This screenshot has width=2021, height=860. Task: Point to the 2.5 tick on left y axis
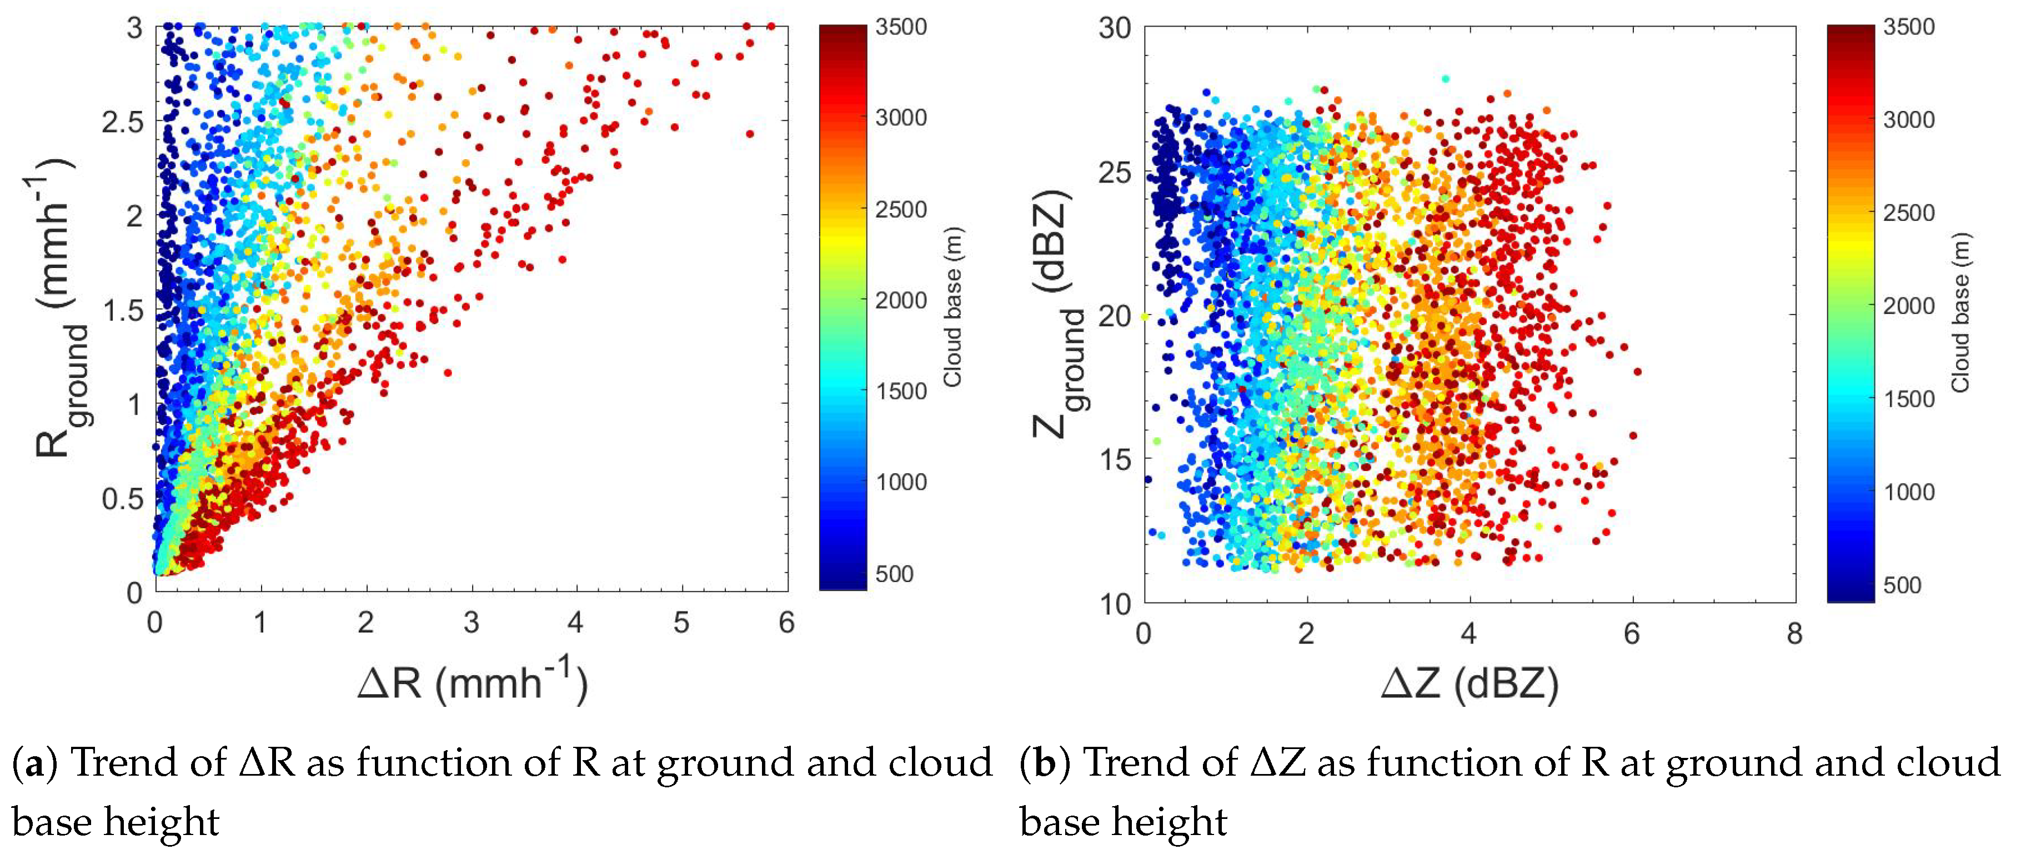(x=123, y=122)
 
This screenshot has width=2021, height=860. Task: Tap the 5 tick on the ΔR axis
(x=681, y=623)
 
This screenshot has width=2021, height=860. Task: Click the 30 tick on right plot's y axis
(x=1114, y=28)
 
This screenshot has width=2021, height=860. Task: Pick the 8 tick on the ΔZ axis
(x=1794, y=634)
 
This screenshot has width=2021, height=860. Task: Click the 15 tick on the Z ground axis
(x=1114, y=459)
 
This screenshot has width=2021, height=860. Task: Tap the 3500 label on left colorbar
(x=901, y=27)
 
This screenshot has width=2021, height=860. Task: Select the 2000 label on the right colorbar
(x=1908, y=306)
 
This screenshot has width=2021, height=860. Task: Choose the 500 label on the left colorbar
(x=894, y=574)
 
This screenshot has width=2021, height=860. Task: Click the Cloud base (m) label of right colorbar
(x=1960, y=312)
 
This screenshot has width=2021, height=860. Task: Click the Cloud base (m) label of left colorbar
(x=952, y=306)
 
